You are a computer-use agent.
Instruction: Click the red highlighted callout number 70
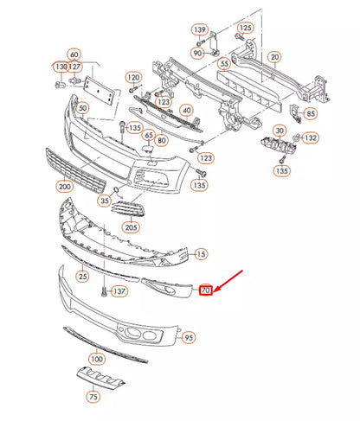(205, 290)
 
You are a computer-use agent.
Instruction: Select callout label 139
(200, 29)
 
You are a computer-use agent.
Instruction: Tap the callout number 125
(246, 28)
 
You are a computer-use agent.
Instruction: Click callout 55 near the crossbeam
(223, 63)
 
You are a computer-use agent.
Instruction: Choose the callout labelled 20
(275, 58)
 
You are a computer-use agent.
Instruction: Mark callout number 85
(311, 112)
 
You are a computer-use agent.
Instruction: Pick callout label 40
(186, 111)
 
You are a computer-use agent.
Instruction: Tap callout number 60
(74, 54)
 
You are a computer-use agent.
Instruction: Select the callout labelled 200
(64, 186)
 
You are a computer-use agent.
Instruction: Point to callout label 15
(201, 253)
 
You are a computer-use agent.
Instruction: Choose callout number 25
(82, 277)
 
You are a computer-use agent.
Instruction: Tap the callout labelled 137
(119, 291)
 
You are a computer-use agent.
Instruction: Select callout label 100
(97, 358)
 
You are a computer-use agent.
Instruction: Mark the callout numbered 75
(93, 397)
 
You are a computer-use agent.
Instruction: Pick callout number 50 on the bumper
(82, 108)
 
